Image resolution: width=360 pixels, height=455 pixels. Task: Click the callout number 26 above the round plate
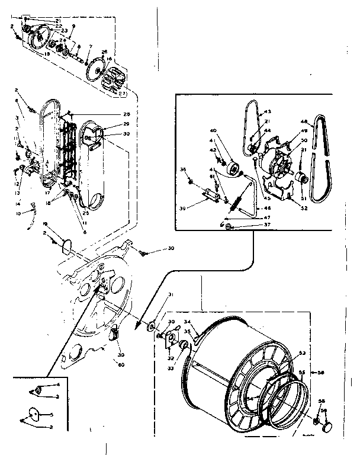pos(104,52)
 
